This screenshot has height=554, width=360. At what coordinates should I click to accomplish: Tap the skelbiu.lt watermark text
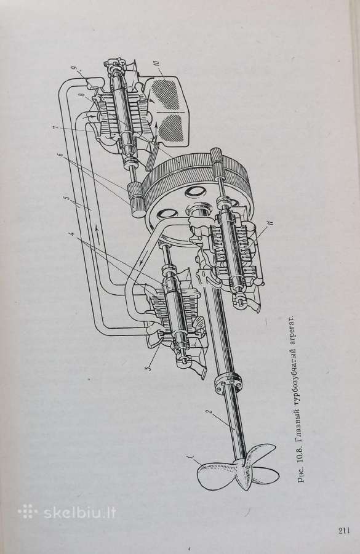pyautogui.click(x=80, y=512)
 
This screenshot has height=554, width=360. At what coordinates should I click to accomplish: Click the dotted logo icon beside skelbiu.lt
pyautogui.click(x=28, y=512)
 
